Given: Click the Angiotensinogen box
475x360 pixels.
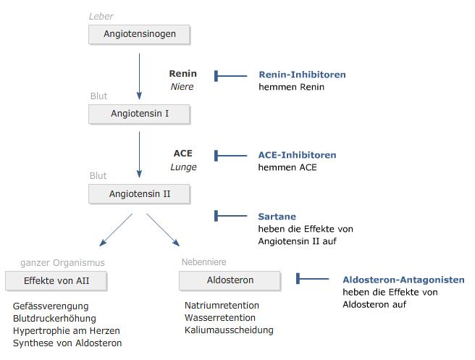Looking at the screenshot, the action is (x=139, y=35).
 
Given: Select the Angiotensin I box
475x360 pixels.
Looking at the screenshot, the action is (x=139, y=114).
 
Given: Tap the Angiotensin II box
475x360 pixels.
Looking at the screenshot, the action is (x=139, y=194).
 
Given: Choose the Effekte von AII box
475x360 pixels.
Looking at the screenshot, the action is (x=56, y=281).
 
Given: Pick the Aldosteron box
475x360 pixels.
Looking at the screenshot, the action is (x=230, y=280).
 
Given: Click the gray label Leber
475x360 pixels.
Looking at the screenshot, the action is (x=101, y=17).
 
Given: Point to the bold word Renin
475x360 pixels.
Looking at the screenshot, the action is (x=182, y=74).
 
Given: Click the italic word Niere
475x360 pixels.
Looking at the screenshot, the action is (x=182, y=87).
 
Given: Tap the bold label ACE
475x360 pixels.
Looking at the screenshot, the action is (x=182, y=154).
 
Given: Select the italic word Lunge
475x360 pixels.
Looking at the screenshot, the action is (x=183, y=167).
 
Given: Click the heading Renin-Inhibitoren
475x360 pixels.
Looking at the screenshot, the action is (x=302, y=75).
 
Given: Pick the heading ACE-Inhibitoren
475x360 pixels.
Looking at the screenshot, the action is (x=297, y=155).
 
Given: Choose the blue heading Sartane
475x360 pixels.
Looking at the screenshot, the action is (x=277, y=217).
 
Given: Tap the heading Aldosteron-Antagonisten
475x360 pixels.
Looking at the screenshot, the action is (x=403, y=280).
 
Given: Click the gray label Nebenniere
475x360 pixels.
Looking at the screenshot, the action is (x=204, y=262).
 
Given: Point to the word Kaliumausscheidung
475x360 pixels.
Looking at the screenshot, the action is (x=229, y=330).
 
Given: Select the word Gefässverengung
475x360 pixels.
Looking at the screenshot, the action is (x=51, y=306).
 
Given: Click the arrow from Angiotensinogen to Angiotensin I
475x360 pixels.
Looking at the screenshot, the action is (x=139, y=76).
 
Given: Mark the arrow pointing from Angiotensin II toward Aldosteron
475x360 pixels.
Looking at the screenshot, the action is (x=163, y=230).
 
